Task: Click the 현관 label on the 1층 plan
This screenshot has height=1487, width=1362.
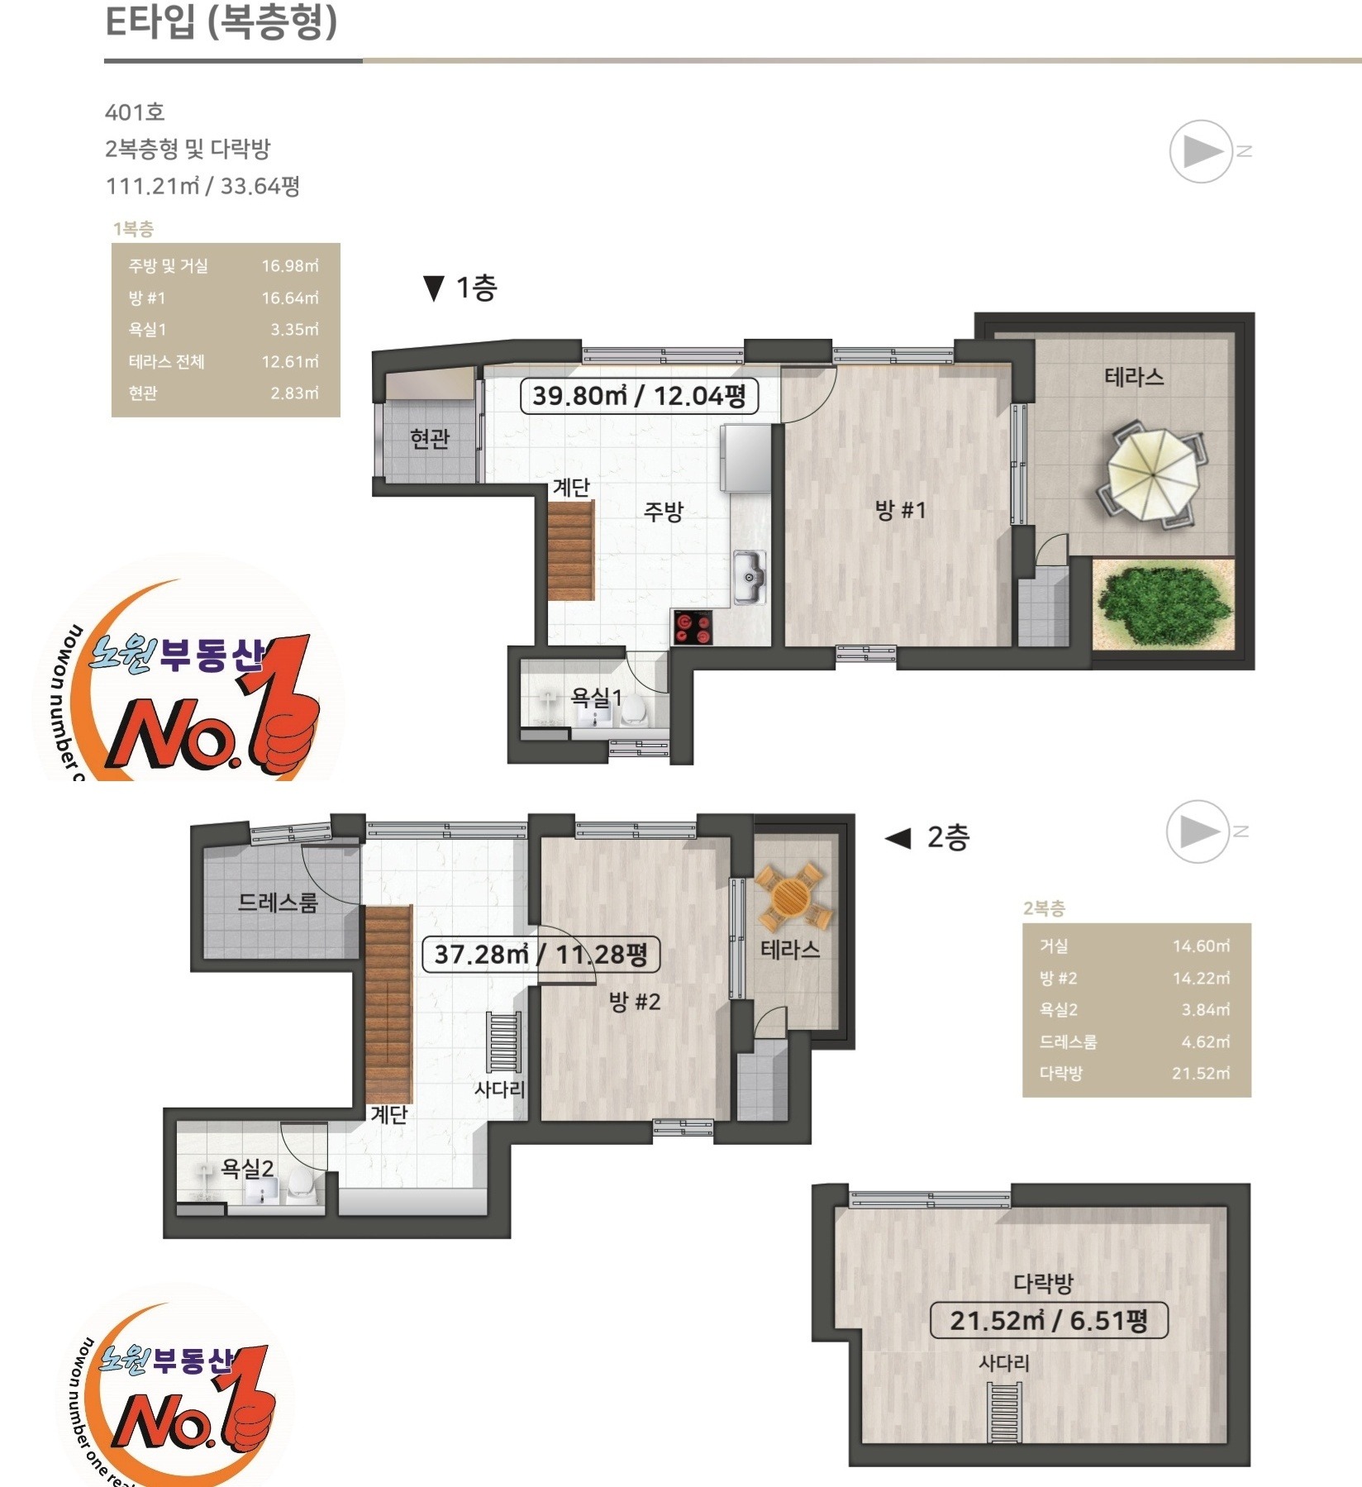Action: click(x=430, y=438)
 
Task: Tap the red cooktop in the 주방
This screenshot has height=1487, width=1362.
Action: click(x=693, y=627)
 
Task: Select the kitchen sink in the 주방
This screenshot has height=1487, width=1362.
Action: click(x=749, y=577)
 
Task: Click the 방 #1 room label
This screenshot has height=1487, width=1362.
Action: click(x=900, y=510)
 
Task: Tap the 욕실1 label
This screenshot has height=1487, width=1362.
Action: click(x=596, y=698)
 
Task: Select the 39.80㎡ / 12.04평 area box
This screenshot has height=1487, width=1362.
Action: click(x=639, y=395)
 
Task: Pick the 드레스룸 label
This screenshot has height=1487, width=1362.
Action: click(x=278, y=902)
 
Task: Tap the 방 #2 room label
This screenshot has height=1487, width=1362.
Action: click(x=635, y=1002)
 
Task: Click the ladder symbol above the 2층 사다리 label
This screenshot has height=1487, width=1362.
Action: click(x=503, y=1041)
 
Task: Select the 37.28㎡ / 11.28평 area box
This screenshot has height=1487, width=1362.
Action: click(x=541, y=954)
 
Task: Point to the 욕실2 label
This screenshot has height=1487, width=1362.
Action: click(x=247, y=1168)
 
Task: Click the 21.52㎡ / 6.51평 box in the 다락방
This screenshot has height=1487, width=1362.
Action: click(x=1049, y=1320)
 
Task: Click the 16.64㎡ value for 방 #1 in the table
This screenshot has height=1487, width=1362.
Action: click(x=290, y=298)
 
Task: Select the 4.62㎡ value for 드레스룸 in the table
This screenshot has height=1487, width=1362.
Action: click(x=1206, y=1041)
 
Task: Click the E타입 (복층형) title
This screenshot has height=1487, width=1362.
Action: click(x=221, y=21)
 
